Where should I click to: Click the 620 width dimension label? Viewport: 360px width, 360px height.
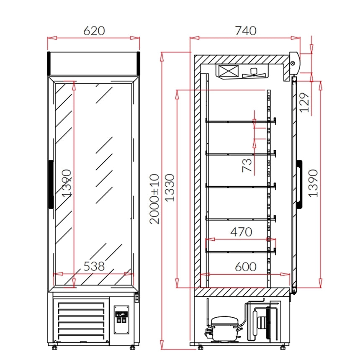(x=94, y=31)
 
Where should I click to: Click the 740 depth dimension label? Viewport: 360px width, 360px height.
(x=246, y=31)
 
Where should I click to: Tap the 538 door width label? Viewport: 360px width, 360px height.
(x=94, y=266)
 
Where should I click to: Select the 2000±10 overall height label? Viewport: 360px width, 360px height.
(x=154, y=199)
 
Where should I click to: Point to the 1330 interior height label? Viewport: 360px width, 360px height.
(x=170, y=188)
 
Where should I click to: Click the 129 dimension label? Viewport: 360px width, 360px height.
(x=304, y=103)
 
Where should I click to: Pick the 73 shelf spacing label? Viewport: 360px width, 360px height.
(x=247, y=165)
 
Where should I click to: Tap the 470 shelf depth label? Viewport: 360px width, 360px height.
(x=241, y=232)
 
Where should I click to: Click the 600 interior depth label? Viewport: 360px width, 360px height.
(x=246, y=267)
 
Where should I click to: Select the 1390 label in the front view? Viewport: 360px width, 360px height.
(x=67, y=183)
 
